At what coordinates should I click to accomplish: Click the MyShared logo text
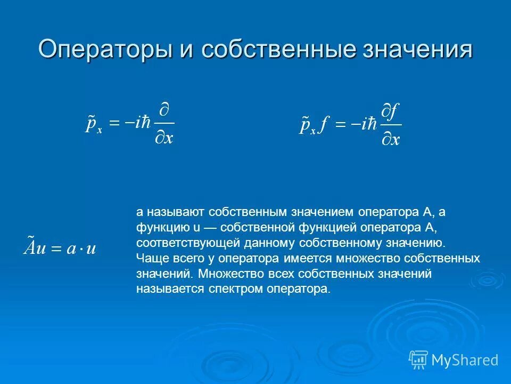(465, 360)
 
